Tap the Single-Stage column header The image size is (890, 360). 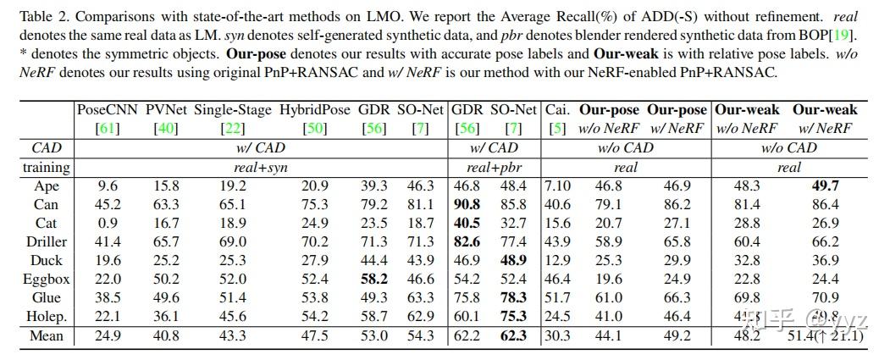coord(233,109)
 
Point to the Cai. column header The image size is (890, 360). coord(557,109)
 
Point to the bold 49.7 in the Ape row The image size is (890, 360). coord(824,186)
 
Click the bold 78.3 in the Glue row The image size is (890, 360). coord(513,298)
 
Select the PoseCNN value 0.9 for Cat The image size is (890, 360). coord(108,224)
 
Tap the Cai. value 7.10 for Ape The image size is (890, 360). coord(557,186)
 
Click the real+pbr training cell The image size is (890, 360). coord(490,167)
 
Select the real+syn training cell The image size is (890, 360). coord(261,167)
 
